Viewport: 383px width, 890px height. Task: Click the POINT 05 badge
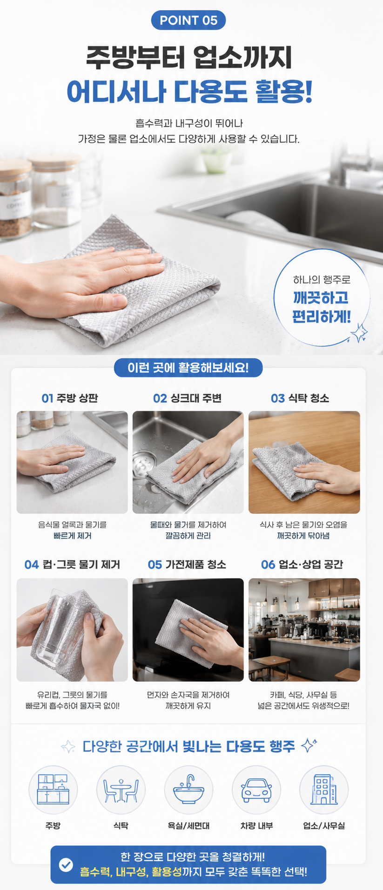pos(188,20)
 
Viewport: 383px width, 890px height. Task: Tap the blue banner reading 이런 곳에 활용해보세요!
pos(188,368)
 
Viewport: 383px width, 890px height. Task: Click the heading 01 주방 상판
pos(70,398)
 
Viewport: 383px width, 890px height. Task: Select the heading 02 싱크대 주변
pos(187,398)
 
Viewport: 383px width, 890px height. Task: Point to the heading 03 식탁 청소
pos(300,398)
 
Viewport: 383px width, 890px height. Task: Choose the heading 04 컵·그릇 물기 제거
pos(72,565)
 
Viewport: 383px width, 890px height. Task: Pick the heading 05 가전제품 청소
pos(187,565)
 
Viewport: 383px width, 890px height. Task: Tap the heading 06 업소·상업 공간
pos(302,565)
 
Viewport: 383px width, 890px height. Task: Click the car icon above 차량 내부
pos(256,790)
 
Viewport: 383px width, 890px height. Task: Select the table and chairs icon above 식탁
pos(121,790)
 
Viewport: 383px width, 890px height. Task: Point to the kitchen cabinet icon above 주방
pos(53,789)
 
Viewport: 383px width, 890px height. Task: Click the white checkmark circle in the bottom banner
pos(66,864)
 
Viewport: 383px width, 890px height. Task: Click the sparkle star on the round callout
pos(359,332)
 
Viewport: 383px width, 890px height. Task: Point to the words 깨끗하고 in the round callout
pos(321,297)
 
